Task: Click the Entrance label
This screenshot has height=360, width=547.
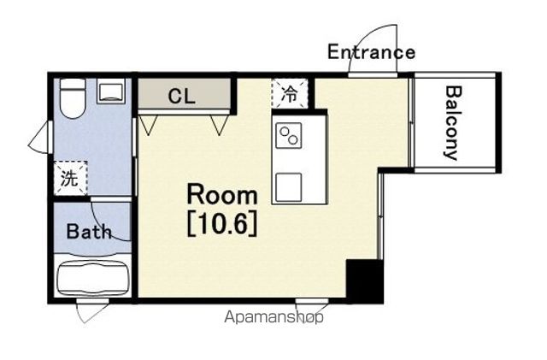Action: [371, 51]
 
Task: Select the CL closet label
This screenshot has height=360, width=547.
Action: [181, 96]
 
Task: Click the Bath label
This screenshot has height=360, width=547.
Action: [89, 231]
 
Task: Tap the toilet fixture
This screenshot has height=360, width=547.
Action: [73, 98]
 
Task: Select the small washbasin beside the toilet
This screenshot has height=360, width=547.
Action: [111, 91]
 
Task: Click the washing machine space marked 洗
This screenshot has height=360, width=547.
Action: [70, 177]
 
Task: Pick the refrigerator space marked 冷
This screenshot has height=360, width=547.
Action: [290, 93]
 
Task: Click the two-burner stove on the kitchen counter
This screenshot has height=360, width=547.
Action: [289, 135]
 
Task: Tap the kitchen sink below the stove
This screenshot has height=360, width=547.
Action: [289, 187]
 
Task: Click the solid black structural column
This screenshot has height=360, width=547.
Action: [365, 281]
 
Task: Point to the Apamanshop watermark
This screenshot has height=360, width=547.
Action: [273, 317]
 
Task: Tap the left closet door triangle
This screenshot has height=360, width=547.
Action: [149, 125]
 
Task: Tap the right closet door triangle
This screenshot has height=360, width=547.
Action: [220, 125]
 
